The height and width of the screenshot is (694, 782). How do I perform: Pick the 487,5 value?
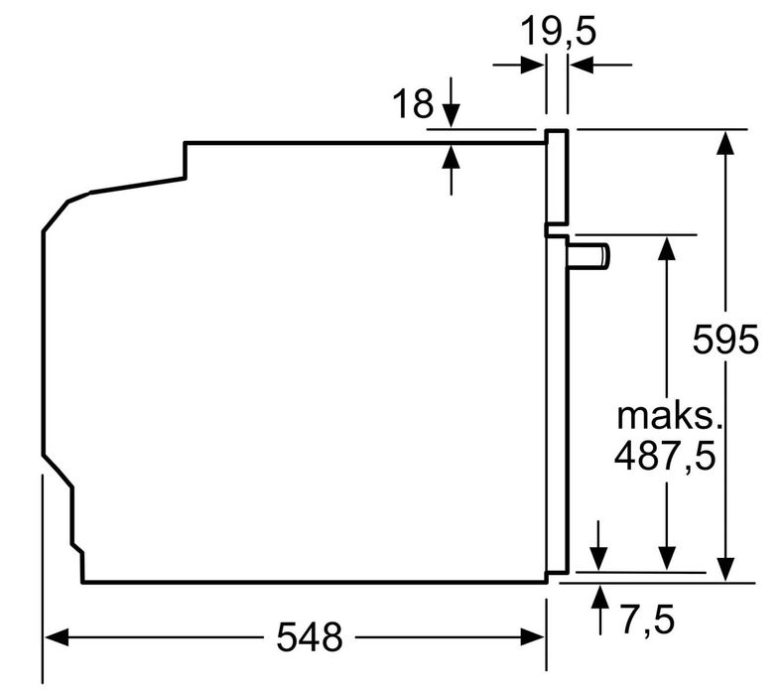[665, 456]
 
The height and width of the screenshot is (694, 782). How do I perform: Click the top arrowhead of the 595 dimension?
[727, 141]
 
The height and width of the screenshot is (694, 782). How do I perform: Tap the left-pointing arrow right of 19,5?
[583, 66]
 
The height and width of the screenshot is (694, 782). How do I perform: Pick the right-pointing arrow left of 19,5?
[532, 66]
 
